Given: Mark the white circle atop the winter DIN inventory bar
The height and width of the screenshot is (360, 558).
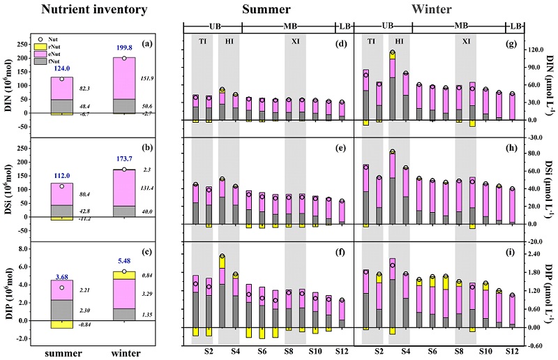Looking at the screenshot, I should [x=124, y=58].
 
